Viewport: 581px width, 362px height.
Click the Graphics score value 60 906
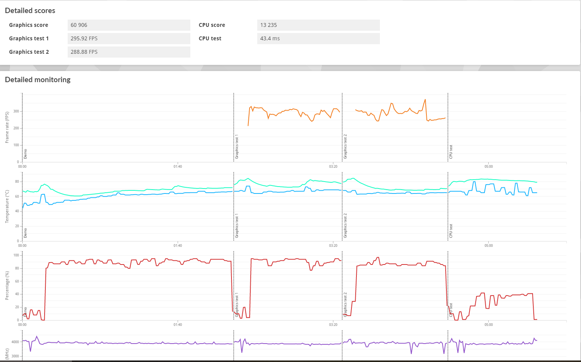tap(79, 25)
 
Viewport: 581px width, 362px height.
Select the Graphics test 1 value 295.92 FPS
tap(84, 38)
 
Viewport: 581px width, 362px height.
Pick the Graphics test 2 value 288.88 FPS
tap(84, 52)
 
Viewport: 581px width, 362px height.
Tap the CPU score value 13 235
tap(268, 25)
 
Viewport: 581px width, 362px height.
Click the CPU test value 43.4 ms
tap(270, 38)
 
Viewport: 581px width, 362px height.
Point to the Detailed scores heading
tap(30, 11)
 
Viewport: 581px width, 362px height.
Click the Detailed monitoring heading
tap(38, 80)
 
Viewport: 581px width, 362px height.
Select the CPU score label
tap(212, 25)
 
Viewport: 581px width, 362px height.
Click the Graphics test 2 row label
tap(29, 52)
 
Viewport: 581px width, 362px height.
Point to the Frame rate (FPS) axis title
tap(7, 127)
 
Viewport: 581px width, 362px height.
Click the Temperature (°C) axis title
tap(7, 206)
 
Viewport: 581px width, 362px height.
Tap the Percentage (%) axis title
tap(7, 286)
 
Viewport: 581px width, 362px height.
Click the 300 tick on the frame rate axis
tap(16, 111)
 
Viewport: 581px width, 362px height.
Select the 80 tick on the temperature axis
tap(17, 182)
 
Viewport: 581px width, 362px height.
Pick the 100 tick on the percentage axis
tap(16, 255)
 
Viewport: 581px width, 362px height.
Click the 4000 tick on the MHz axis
tap(15, 342)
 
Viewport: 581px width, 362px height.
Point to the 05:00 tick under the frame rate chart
tap(488, 167)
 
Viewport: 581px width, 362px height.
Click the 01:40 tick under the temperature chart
tap(178, 246)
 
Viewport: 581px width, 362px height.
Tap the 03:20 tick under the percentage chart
tap(333, 325)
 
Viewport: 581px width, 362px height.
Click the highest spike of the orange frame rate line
tap(425, 99)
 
